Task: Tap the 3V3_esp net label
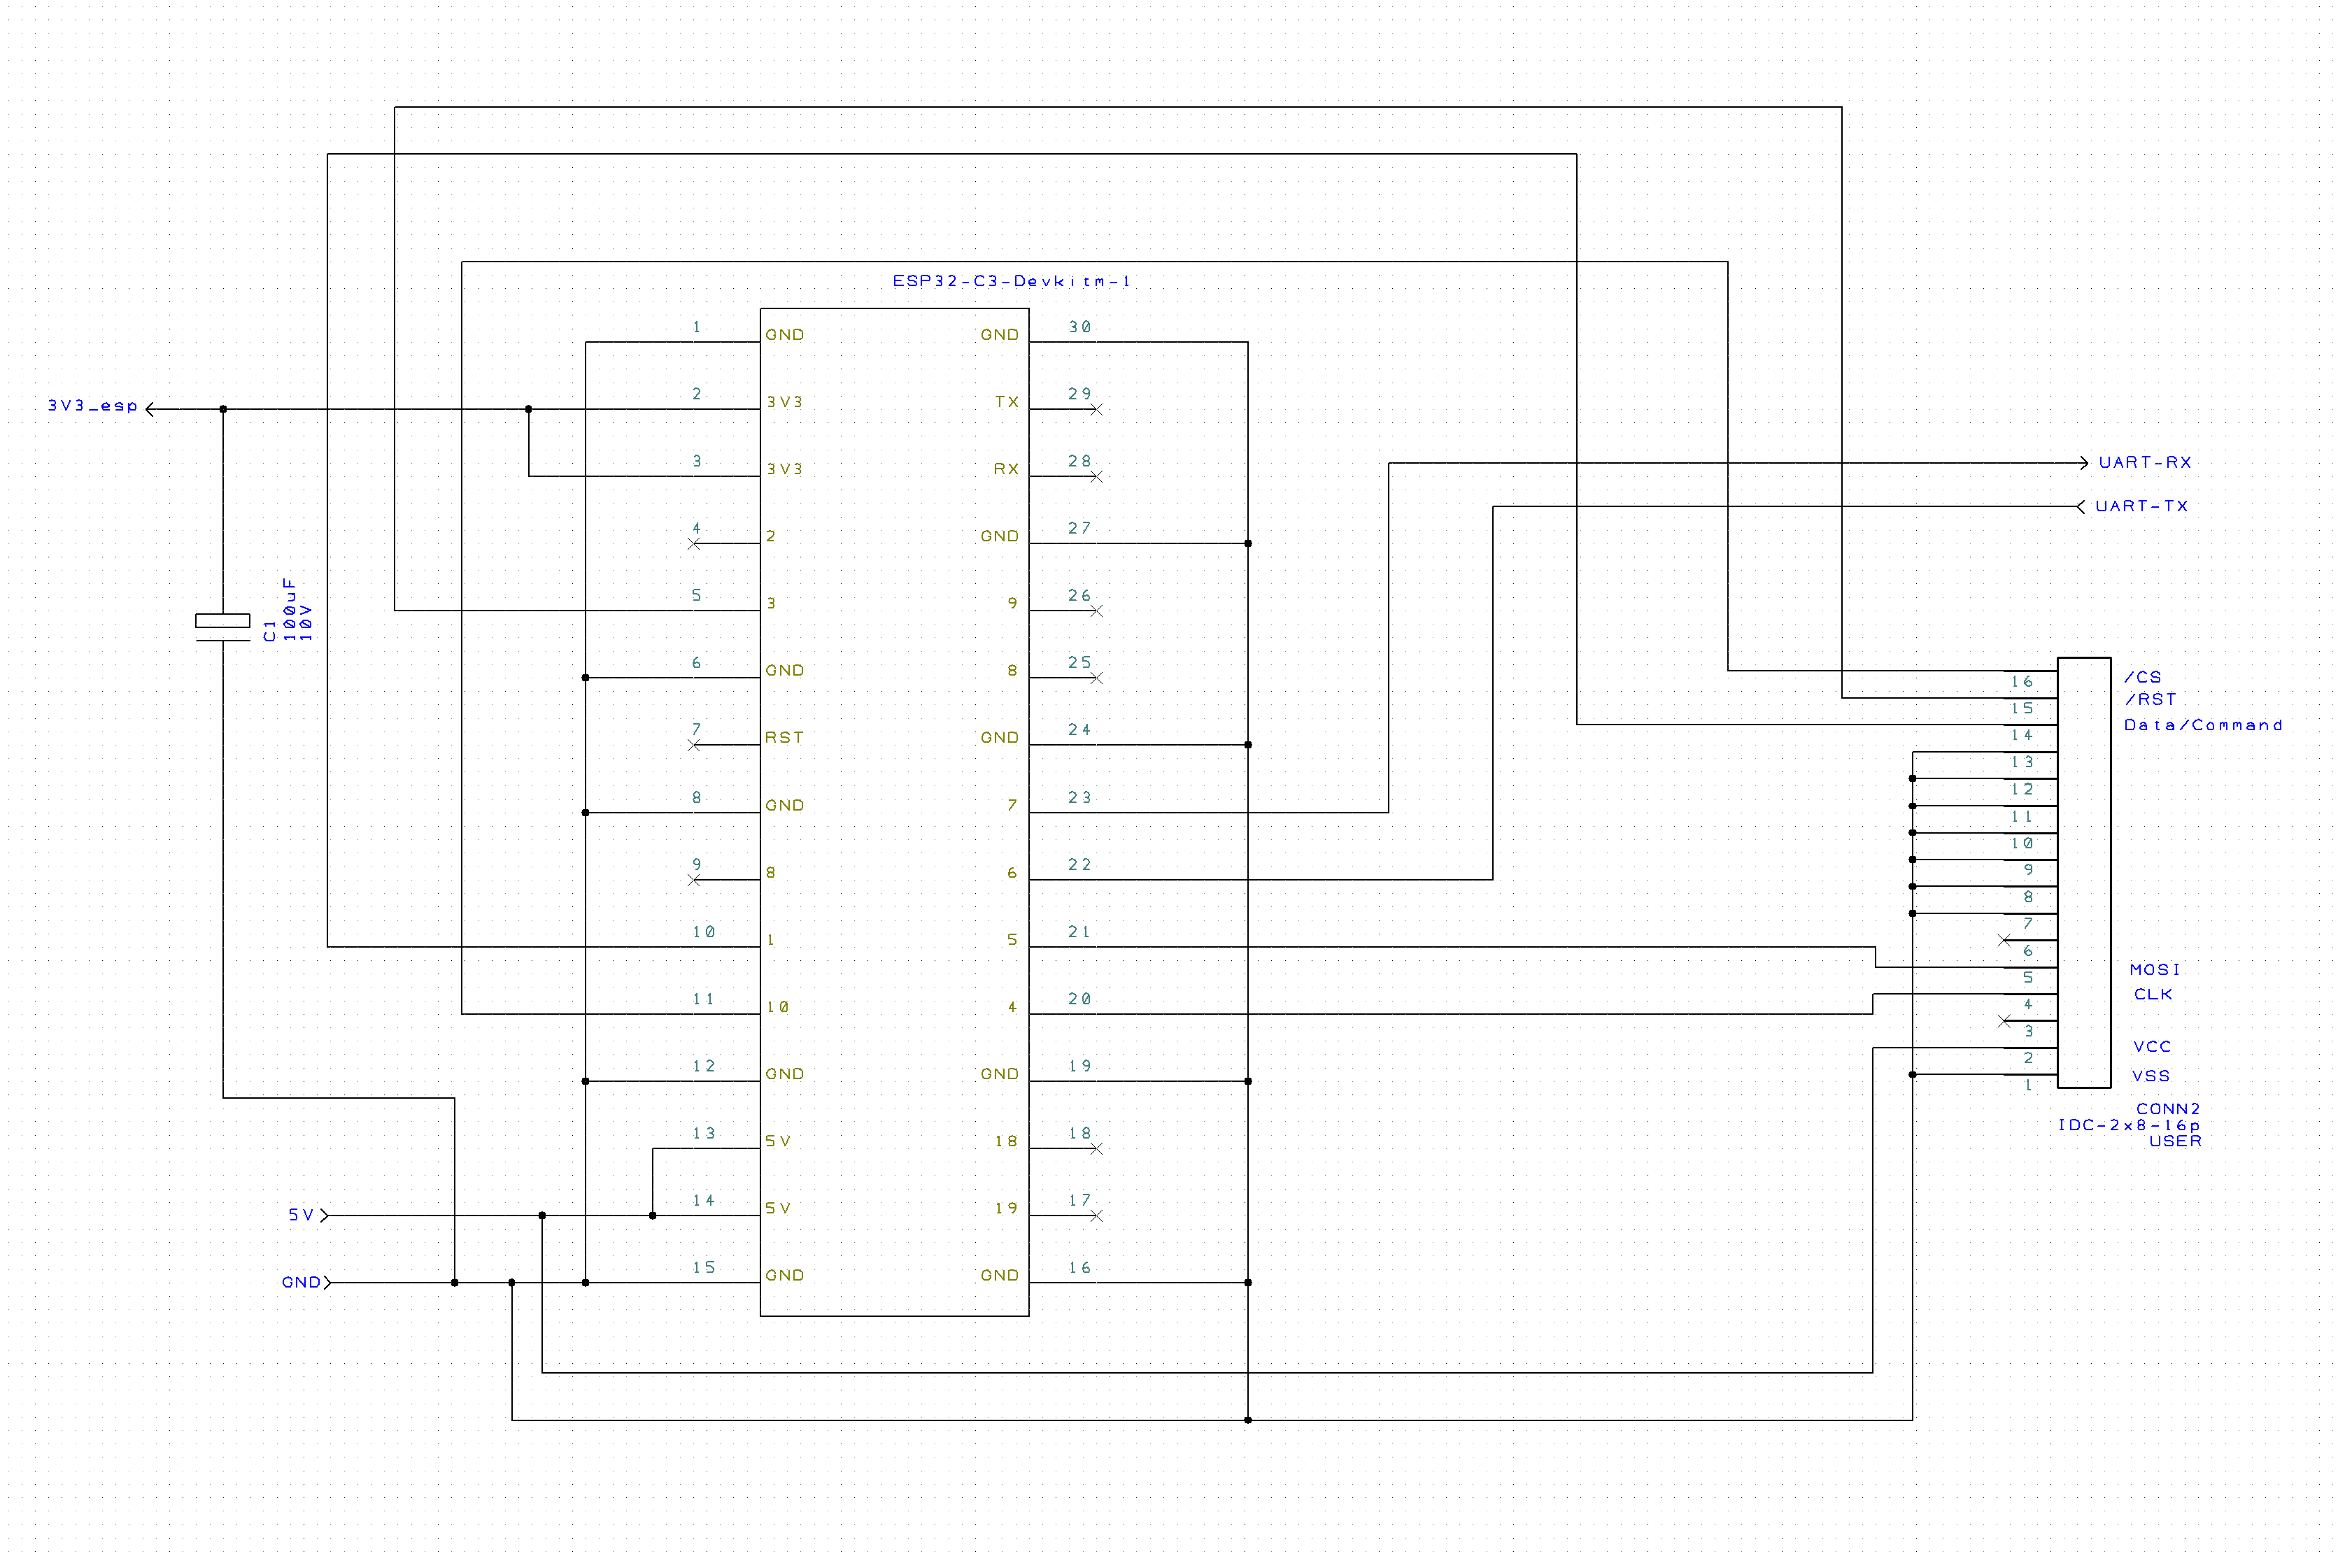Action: point(92,406)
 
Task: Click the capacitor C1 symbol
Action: point(223,627)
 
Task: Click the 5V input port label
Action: point(301,1215)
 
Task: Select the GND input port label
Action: point(301,1282)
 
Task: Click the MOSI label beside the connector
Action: point(2155,969)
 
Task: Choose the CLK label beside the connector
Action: point(2153,994)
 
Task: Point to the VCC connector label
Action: point(2152,1046)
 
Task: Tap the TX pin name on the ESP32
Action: point(1007,401)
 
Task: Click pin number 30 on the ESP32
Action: point(1079,327)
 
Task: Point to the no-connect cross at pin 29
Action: point(1096,409)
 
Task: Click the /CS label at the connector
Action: point(2143,677)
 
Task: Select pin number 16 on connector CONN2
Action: point(2021,682)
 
